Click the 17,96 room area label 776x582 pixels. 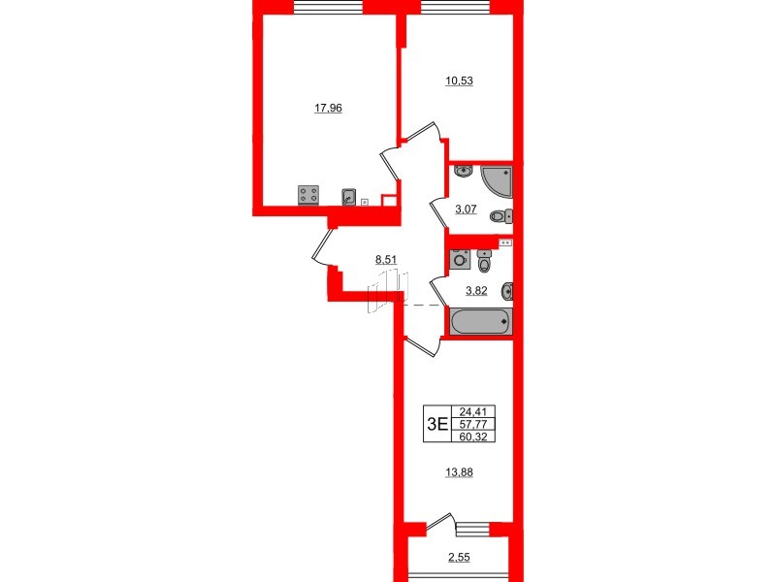(329, 109)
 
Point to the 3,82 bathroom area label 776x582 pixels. (474, 291)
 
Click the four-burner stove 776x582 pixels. (309, 195)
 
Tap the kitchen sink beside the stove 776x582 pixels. (349, 197)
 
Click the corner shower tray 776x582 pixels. (497, 178)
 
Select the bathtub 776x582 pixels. (478, 320)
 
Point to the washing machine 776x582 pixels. (459, 260)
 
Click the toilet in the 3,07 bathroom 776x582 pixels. (501, 216)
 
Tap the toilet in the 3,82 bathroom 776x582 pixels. (485, 263)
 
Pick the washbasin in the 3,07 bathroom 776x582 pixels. (464, 173)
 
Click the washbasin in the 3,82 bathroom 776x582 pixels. (506, 291)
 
